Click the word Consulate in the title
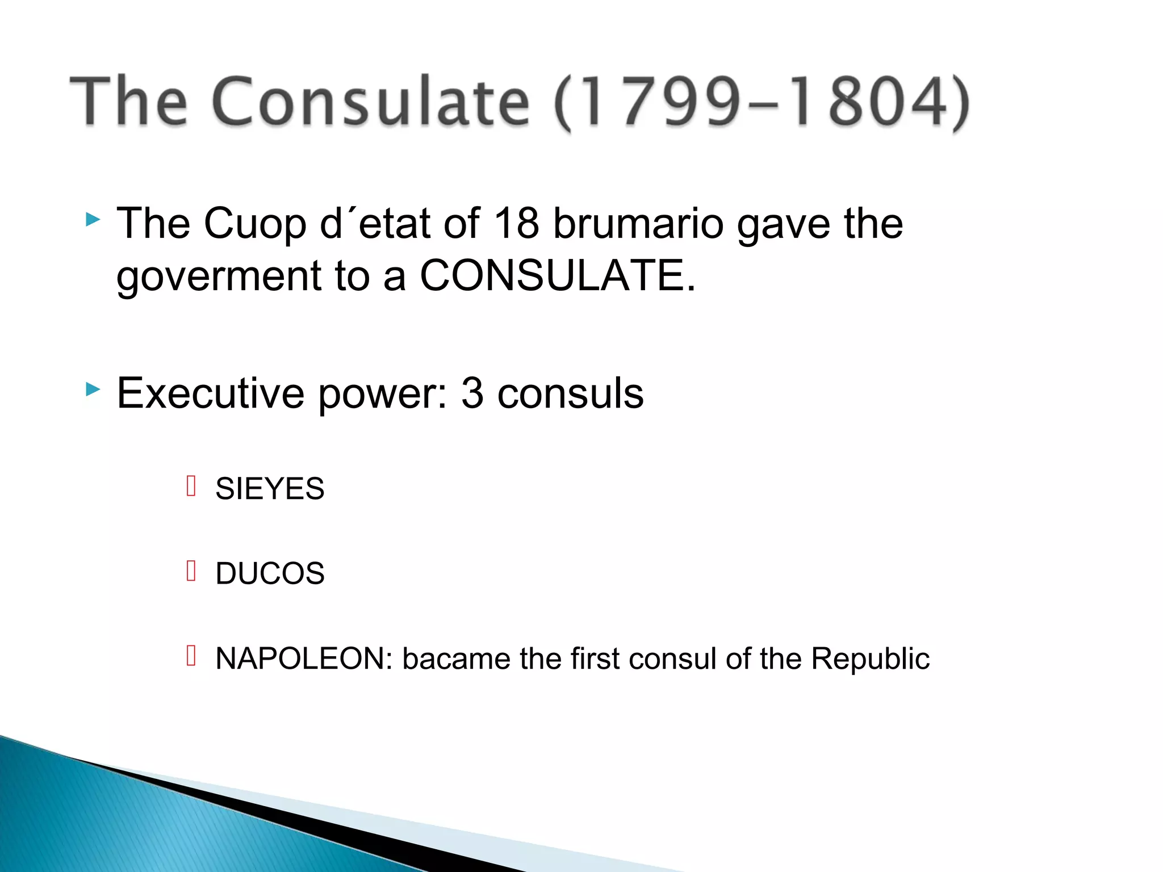point(370,102)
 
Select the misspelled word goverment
point(219,276)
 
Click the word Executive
point(211,393)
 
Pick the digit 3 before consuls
point(472,393)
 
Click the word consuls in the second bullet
point(570,393)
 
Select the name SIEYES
point(270,488)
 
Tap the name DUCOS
point(270,573)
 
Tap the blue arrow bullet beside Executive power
point(93,389)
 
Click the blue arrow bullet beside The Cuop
point(93,219)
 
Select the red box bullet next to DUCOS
point(191,571)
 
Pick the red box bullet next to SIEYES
point(191,486)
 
